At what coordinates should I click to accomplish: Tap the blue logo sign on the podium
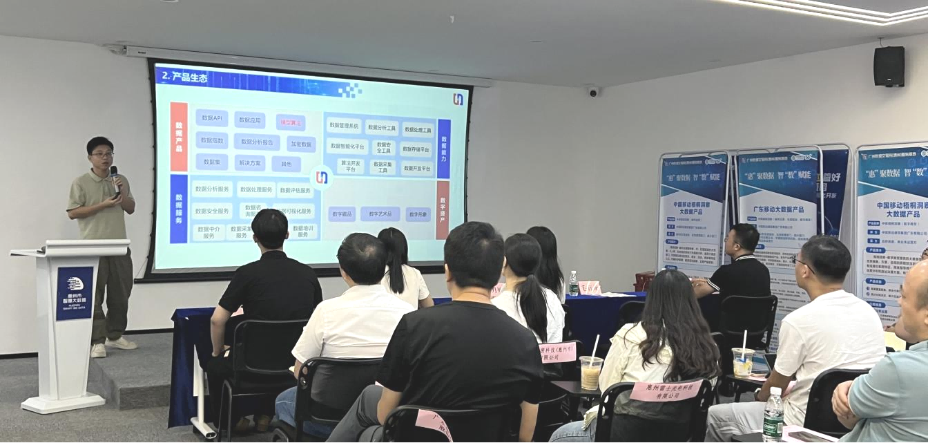(x=75, y=292)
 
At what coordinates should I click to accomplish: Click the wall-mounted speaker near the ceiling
(x=889, y=66)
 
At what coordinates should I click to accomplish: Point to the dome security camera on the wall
(x=592, y=91)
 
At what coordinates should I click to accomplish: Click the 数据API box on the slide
(x=211, y=118)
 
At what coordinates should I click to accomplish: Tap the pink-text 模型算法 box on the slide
(x=291, y=122)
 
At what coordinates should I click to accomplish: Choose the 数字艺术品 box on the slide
(x=380, y=214)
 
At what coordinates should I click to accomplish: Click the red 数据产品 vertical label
(x=179, y=137)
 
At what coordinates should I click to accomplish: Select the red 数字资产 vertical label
(x=443, y=209)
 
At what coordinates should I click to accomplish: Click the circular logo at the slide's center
(x=321, y=178)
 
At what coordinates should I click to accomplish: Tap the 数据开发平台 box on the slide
(x=417, y=168)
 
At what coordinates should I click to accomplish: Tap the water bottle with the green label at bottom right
(x=773, y=415)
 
